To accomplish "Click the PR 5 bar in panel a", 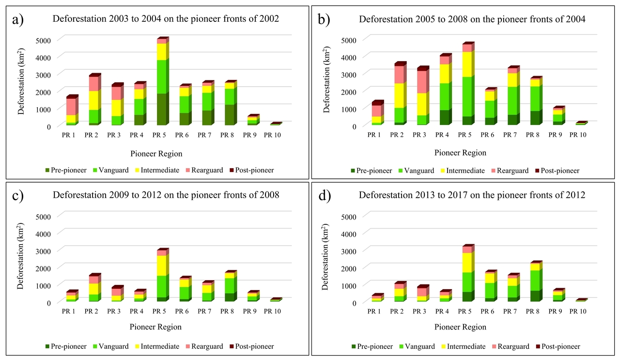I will (x=162, y=82).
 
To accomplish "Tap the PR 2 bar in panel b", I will (x=400, y=94).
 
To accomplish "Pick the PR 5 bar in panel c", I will (x=162, y=276).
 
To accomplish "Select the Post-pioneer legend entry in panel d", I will (x=557, y=346).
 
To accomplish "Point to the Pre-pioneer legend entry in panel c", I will (x=66, y=346).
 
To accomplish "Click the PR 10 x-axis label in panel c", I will (x=275, y=311).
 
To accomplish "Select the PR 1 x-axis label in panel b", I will (x=375, y=134).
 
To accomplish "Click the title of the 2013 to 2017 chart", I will (x=472, y=195).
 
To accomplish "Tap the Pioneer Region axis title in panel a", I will (x=156, y=154).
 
